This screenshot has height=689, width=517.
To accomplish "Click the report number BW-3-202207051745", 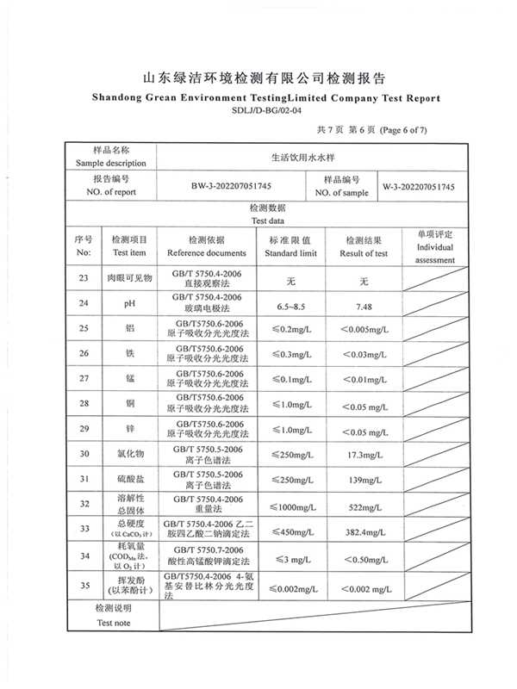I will (219, 186).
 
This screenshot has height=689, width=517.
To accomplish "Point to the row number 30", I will (84, 454).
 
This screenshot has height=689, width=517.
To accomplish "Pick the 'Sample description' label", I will (110, 163).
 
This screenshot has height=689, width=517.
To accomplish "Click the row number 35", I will (84, 587).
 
